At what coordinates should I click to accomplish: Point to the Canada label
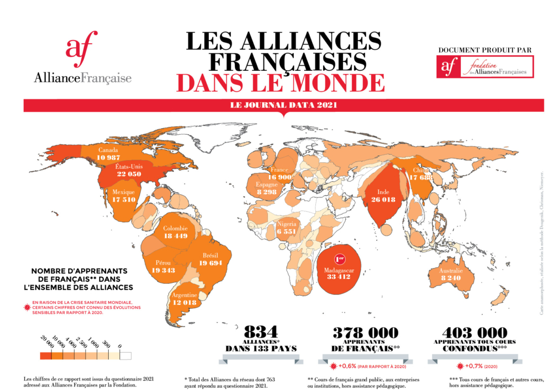pyautogui.click(x=108, y=150)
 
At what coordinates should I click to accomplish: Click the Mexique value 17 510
pyautogui.click(x=124, y=200)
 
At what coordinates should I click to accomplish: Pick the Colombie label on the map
pyautogui.click(x=175, y=228)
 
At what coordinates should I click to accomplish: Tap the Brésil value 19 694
pyautogui.click(x=210, y=263)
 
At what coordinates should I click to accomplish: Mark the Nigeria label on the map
pyautogui.click(x=287, y=224)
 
